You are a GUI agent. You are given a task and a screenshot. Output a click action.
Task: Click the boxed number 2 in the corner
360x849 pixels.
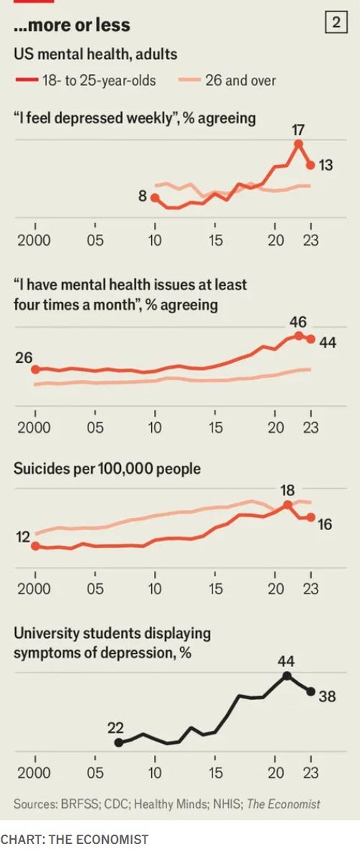pos(336,23)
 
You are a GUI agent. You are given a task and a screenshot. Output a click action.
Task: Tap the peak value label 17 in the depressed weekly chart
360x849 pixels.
pos(299,130)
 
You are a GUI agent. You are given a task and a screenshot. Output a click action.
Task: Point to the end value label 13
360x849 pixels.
pos(325,165)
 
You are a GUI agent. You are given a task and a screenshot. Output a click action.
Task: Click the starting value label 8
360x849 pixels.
pos(143,195)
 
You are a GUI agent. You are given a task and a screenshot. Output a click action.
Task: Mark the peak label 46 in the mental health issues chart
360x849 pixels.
pos(297,322)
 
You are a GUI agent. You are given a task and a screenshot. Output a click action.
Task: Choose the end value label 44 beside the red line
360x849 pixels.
pos(328,342)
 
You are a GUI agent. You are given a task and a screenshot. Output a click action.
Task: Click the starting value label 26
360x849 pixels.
pos(24,356)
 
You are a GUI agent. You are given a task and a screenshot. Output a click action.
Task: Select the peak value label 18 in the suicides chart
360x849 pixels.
pos(287,490)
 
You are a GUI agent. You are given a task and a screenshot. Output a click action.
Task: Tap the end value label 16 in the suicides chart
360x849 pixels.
pos(325,524)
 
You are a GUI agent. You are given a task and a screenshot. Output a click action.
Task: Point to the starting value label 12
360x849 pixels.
pos(22,536)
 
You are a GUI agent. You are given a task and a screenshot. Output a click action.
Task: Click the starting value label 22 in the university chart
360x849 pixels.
pos(116,727)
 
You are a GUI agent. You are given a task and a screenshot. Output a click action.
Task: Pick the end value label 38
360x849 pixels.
pos(328,696)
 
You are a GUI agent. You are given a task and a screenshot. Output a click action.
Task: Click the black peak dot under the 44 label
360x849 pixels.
pos(287,675)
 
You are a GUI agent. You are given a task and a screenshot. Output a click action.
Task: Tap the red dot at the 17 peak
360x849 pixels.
pos(298,143)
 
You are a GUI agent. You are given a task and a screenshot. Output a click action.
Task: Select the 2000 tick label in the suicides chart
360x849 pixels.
pos(35,588)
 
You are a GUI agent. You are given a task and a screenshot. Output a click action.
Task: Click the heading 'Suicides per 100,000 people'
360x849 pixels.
pos(107,469)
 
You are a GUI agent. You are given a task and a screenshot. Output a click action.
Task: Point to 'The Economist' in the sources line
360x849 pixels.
pos(284,804)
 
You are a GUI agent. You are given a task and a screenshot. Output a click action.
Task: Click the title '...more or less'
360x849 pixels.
pos(71,25)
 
